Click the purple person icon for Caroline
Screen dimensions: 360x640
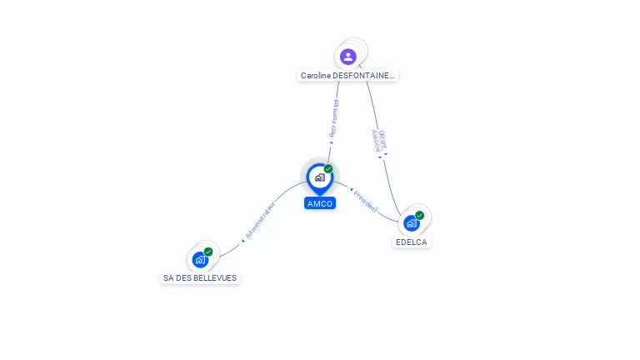click(x=348, y=57)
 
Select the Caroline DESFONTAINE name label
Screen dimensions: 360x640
click(x=348, y=76)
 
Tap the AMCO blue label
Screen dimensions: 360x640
click(x=320, y=203)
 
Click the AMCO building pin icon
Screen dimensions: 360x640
click(x=319, y=177)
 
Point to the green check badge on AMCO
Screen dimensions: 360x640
click(x=328, y=169)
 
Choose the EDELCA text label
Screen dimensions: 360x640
click(x=412, y=242)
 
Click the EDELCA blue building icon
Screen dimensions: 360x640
click(x=411, y=223)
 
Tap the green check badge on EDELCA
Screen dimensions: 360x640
click(x=420, y=215)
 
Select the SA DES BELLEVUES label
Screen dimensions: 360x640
click(x=200, y=278)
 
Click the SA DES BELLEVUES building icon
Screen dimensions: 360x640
click(x=200, y=260)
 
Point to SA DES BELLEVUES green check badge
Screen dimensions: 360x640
click(x=208, y=252)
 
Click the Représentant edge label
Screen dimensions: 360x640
click(x=334, y=117)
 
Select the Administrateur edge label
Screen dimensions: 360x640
click(x=261, y=219)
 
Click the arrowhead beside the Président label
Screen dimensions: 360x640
click(x=351, y=190)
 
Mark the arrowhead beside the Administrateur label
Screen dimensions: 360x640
click(x=242, y=240)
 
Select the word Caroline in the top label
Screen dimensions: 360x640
click(x=316, y=76)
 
